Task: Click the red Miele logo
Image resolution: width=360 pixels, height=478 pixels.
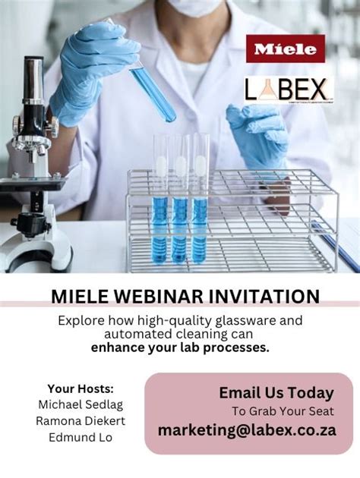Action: click(285, 49)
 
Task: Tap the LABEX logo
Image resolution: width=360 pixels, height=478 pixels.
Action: click(289, 90)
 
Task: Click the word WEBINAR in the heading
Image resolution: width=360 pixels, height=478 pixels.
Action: click(155, 296)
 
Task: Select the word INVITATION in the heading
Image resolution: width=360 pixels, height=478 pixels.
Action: click(259, 296)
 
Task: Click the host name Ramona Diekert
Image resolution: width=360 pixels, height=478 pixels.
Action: click(81, 420)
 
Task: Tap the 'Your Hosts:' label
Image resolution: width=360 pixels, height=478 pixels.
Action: click(81, 388)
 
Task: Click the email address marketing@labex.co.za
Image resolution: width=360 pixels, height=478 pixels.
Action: click(247, 430)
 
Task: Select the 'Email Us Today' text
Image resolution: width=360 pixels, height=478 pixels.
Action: click(276, 393)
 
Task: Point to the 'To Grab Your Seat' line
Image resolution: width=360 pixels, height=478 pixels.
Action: click(283, 411)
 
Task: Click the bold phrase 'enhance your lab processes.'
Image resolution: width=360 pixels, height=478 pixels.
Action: click(180, 347)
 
